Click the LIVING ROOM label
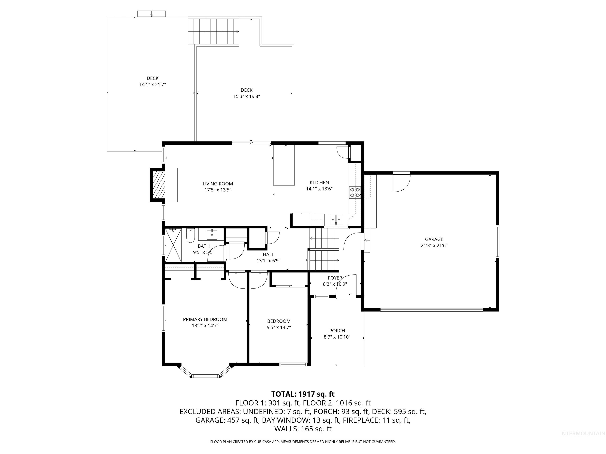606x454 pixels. (218, 184)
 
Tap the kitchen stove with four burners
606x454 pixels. (355, 192)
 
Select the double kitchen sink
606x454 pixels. (336, 219)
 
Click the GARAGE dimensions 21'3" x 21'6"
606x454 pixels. (434, 246)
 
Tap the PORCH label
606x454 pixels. (337, 331)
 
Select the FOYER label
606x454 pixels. (335, 278)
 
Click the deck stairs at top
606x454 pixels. (213, 31)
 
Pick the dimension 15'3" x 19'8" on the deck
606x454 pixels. (246, 96)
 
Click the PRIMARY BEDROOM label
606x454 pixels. (205, 319)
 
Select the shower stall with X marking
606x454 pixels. (173, 245)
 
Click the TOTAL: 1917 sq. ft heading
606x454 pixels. (303, 394)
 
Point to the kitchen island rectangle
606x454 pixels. (284, 165)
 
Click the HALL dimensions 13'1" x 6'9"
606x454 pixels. (268, 261)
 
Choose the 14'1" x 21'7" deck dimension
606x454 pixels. (153, 85)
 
